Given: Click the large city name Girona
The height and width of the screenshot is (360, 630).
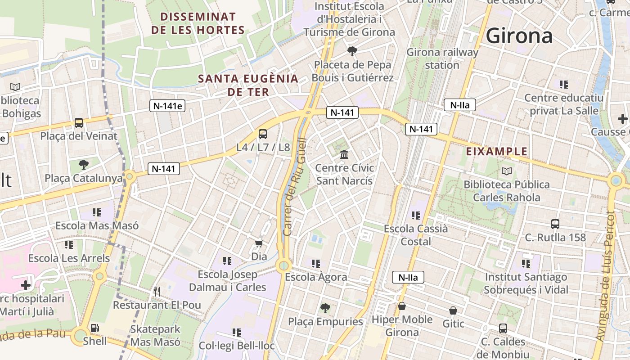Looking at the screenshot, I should coord(519,36).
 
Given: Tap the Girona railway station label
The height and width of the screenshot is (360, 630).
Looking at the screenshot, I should coord(442,58).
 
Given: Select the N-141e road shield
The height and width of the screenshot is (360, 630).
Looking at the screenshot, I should coord(167,106).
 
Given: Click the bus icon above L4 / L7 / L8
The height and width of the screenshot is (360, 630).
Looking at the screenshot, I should coord(263,134).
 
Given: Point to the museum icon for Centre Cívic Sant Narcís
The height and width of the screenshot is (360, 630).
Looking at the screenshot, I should coord(345,155).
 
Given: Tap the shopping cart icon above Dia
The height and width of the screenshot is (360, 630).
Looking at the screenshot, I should coord(259,244).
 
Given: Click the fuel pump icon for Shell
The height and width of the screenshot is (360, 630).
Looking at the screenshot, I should coord(95,328).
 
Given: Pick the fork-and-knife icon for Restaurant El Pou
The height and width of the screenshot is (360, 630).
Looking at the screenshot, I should coord(157,292).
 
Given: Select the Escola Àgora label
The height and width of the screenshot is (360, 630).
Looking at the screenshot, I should coord(316,277).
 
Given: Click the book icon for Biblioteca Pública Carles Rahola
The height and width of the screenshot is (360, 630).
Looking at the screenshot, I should coord(507,171).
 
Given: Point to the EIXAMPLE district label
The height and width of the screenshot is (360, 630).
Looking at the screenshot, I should coord(496,152).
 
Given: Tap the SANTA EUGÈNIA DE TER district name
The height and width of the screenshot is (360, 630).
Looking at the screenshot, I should coord(248,85).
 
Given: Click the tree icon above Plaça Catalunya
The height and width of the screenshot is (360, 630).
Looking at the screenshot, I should coord(83,164).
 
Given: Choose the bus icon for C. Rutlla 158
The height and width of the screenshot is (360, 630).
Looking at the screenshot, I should coord(555,224).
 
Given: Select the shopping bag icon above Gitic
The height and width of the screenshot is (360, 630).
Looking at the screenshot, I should coord(453,310).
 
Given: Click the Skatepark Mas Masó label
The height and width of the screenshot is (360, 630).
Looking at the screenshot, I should coord(155,335).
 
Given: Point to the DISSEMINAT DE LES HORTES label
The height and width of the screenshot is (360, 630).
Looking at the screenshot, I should coord(198,23).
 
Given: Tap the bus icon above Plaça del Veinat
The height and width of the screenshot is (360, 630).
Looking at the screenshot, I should coord(79,122).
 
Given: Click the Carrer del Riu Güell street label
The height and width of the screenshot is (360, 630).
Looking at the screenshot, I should coord(295,187).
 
